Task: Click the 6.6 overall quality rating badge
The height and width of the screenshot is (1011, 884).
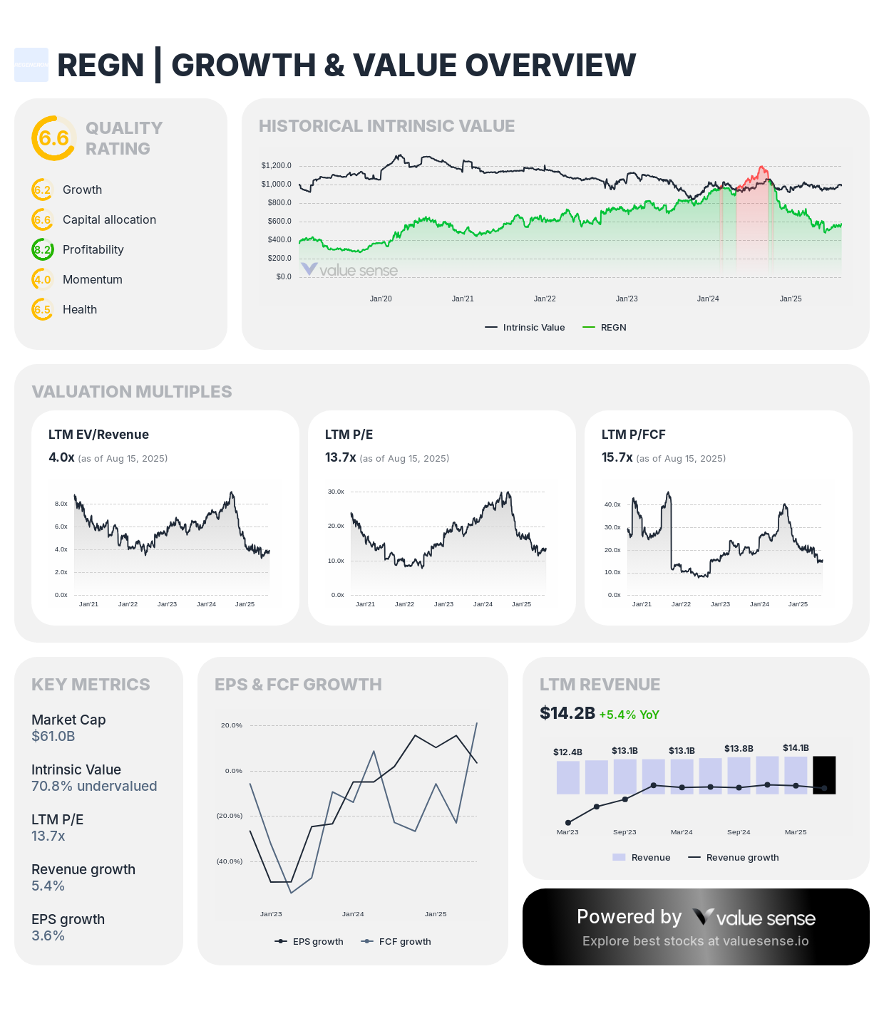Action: [53, 138]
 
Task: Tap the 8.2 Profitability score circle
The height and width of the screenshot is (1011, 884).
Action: [43, 249]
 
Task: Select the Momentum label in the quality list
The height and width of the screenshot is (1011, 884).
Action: [93, 279]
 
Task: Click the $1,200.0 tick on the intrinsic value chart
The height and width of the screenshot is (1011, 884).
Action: [276, 165]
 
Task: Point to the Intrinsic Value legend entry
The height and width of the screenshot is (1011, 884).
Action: [525, 328]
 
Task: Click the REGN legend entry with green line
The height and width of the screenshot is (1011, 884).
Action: [605, 328]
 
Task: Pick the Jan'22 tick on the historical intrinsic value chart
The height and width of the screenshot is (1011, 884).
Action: [545, 299]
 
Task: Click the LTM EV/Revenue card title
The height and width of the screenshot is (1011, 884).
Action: [98, 435]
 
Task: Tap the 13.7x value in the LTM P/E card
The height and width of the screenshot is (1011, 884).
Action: [340, 457]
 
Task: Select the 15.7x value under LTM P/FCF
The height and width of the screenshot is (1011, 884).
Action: [617, 457]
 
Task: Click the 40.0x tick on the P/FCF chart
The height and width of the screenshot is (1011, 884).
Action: [612, 504]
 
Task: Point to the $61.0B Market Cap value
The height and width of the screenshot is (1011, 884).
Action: [53, 736]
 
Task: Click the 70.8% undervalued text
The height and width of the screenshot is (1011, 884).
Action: [94, 786]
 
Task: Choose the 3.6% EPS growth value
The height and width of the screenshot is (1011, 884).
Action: [48, 935]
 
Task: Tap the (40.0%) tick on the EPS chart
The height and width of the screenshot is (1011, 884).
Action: [230, 861]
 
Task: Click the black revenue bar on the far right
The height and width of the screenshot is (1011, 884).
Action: [824, 774]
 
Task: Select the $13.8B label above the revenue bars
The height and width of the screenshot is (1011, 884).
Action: [739, 749]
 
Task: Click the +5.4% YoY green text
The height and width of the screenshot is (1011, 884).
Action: [629, 715]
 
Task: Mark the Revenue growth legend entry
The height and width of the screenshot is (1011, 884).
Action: [734, 858]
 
